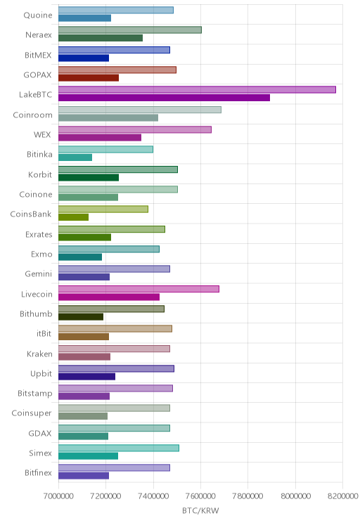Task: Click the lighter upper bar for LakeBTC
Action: point(197,90)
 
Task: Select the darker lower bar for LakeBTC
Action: point(164,98)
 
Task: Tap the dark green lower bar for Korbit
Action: point(89,177)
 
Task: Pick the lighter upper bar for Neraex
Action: point(130,30)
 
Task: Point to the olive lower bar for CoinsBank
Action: point(73,217)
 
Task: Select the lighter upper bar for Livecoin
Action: point(139,289)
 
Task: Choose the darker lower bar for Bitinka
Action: point(75,157)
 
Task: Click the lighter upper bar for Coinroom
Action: point(140,110)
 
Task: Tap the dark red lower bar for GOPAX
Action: point(89,78)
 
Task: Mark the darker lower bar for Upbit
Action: point(86,377)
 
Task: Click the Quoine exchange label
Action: point(38,15)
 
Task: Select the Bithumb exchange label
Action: point(36,314)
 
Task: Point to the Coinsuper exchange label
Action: point(32,413)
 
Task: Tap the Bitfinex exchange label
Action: point(39,472)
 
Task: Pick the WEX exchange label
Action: point(42,135)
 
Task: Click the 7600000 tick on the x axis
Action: point(200,496)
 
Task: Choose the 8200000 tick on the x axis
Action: point(342,496)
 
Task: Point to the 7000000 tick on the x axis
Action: point(58,496)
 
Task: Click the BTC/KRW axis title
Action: point(200,510)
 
